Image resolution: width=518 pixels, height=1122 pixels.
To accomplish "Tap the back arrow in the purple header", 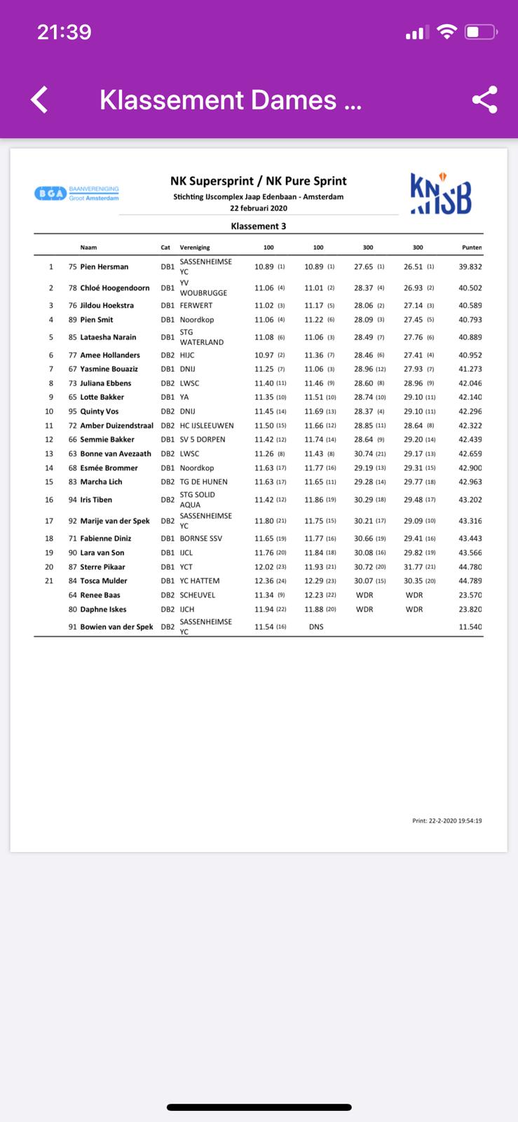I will click(x=40, y=100).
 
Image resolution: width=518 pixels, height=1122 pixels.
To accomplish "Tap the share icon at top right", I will click(x=484, y=100).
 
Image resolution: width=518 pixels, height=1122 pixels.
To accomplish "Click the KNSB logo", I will click(x=440, y=194).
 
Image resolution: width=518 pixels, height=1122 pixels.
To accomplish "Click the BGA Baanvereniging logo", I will click(x=77, y=194).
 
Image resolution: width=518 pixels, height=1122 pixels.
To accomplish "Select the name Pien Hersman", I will click(x=104, y=267).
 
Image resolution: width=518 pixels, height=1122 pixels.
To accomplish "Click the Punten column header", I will click(x=472, y=248).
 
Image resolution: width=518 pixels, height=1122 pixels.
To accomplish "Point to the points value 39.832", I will click(x=470, y=267).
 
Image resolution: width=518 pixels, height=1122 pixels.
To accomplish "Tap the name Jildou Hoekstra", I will click(x=107, y=306).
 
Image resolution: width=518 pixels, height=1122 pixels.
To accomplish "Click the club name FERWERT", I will click(x=196, y=306).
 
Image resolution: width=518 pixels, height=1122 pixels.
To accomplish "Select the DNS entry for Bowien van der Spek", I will click(x=316, y=627).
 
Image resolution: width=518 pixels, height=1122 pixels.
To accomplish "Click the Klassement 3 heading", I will click(x=258, y=227).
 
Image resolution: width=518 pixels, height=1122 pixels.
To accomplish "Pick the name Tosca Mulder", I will click(x=104, y=581).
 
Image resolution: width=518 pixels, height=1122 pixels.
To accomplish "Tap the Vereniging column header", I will click(x=195, y=248).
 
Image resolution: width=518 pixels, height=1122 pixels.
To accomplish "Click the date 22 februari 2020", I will click(x=258, y=208).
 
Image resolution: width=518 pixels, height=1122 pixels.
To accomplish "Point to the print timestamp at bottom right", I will click(x=447, y=820).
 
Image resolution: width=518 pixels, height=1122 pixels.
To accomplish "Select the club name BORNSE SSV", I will click(x=200, y=539).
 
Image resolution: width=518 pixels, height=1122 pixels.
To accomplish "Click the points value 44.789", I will click(x=470, y=581).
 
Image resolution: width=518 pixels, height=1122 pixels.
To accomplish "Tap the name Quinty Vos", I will click(x=99, y=412).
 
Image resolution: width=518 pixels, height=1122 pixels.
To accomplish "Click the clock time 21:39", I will click(x=64, y=32).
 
